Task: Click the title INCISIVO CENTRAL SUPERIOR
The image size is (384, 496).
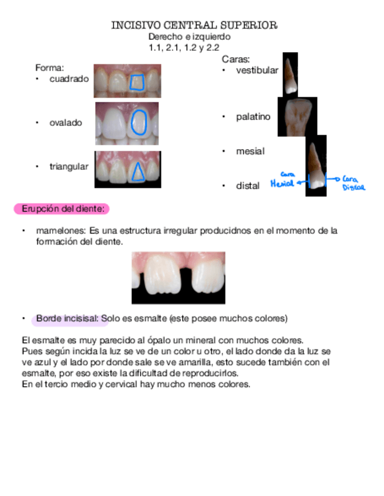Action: pyautogui.click(x=194, y=26)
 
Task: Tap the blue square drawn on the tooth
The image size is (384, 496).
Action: pyautogui.click(x=137, y=82)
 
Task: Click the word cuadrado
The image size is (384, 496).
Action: pyautogui.click(x=68, y=78)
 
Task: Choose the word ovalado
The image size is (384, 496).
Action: pyautogui.click(x=66, y=123)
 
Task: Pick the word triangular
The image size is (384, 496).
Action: pyautogui.click(x=68, y=167)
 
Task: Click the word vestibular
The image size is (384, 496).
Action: pyautogui.click(x=257, y=71)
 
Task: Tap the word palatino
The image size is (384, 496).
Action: pyautogui.click(x=253, y=117)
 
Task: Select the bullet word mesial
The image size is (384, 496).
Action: pyautogui.click(x=250, y=151)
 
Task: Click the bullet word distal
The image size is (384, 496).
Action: pyautogui.click(x=248, y=186)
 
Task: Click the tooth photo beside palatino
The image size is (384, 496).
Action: pyautogui.click(x=297, y=117)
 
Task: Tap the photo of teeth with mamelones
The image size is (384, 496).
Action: pyautogui.click(x=178, y=277)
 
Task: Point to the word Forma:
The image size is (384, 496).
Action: pyautogui.click(x=49, y=68)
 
